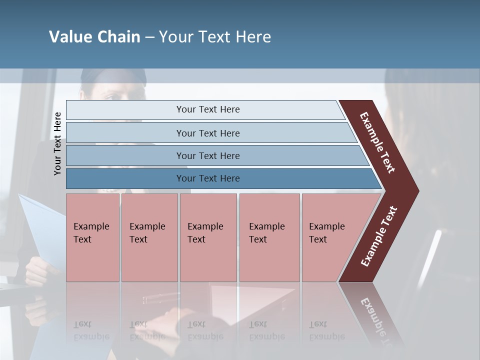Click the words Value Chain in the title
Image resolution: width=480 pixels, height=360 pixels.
[x=94, y=37]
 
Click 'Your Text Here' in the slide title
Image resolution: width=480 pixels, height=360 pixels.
[x=215, y=37]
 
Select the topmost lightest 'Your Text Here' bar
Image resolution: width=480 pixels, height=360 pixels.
[x=207, y=109]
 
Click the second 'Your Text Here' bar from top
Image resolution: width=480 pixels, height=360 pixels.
[x=207, y=133]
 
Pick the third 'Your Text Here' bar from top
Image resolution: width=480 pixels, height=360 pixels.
[x=207, y=155]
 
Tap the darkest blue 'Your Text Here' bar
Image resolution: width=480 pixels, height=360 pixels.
[x=207, y=178]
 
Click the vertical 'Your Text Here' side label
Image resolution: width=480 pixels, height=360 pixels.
[x=57, y=143]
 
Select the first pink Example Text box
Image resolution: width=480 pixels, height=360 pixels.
[x=92, y=237]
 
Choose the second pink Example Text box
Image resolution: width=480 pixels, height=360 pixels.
[x=149, y=237]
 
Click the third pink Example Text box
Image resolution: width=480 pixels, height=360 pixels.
[x=208, y=237]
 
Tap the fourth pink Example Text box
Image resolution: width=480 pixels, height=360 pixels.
[x=269, y=237]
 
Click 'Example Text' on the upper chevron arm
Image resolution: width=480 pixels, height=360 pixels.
[x=377, y=142]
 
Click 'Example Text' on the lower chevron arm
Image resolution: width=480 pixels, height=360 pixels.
[x=378, y=236]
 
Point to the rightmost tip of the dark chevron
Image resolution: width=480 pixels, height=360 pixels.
[x=417, y=191]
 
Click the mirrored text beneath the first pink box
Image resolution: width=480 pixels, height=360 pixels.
[x=91, y=330]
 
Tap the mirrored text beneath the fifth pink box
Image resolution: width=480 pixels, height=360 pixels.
[x=326, y=330]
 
